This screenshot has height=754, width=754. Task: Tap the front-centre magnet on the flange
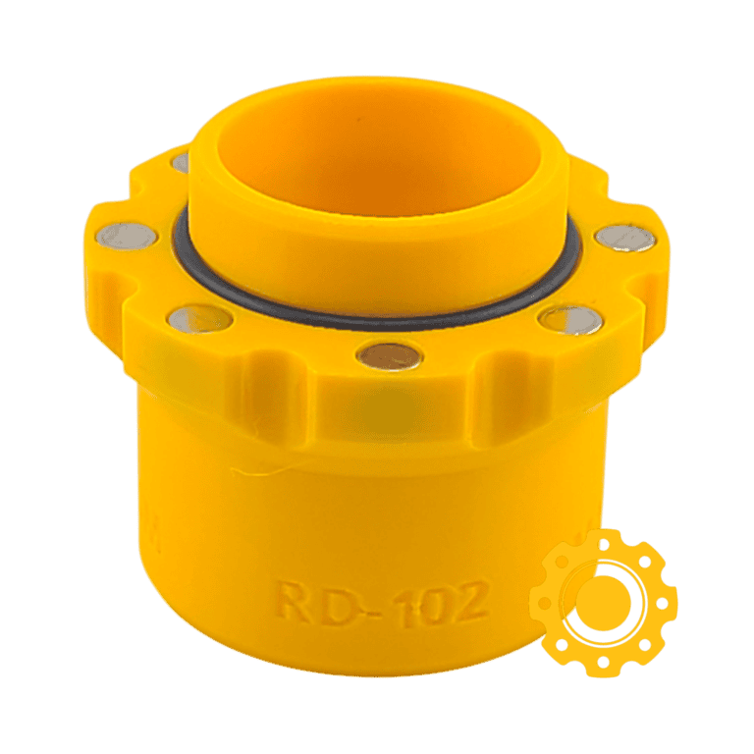click(390, 355)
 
